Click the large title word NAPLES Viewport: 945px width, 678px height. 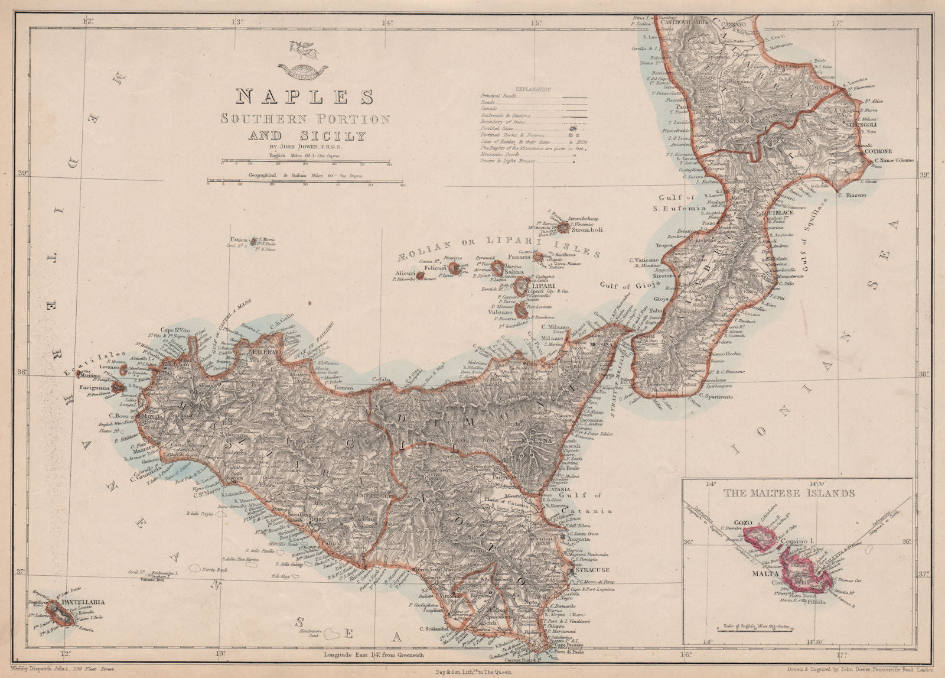[305, 96]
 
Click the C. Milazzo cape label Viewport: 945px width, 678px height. [555, 327]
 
